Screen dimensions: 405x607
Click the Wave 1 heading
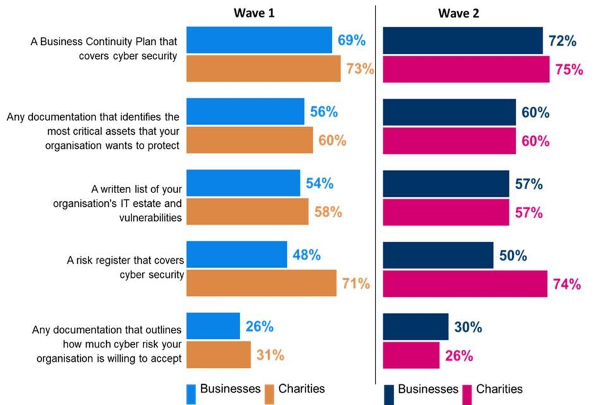point(254,13)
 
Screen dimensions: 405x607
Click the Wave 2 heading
point(458,13)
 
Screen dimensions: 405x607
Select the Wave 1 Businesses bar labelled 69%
point(259,40)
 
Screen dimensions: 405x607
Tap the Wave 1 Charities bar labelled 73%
point(263,68)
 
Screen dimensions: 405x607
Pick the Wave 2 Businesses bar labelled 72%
point(463,40)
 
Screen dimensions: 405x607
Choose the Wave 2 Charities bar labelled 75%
point(466,69)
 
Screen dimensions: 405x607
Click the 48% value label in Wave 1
point(306,255)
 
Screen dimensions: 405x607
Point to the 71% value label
point(356,283)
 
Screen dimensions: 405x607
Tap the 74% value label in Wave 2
point(567,284)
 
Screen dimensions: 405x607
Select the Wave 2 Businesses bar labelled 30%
point(415,327)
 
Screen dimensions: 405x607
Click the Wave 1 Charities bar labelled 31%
point(218,355)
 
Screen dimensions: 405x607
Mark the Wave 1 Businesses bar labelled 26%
point(213,327)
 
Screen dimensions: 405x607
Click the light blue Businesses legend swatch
point(191,394)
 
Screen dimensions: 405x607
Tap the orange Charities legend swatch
point(269,394)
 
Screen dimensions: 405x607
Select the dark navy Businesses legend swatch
point(389,394)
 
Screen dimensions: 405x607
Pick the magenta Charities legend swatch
point(467,394)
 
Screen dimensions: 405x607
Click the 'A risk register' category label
point(125,267)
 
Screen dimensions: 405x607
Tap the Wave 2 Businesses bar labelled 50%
point(438,255)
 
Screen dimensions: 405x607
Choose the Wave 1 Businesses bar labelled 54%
point(243,184)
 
